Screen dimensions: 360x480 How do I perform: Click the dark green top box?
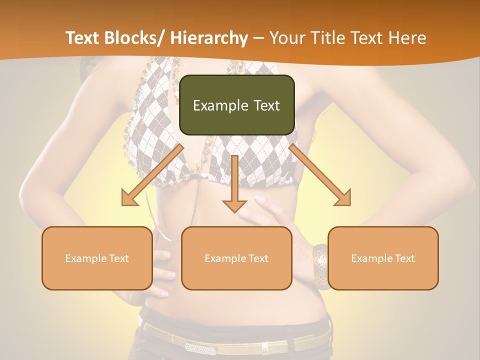[x=236, y=105]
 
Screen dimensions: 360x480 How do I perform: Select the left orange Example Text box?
[x=97, y=258]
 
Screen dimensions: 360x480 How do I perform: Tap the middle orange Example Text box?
[x=236, y=258]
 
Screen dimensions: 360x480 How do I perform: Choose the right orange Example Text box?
[x=383, y=258]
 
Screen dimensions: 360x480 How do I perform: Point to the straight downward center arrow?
[x=234, y=185]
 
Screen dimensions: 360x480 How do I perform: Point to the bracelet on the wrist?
[x=321, y=266]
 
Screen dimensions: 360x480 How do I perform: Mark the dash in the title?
[x=258, y=39]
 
